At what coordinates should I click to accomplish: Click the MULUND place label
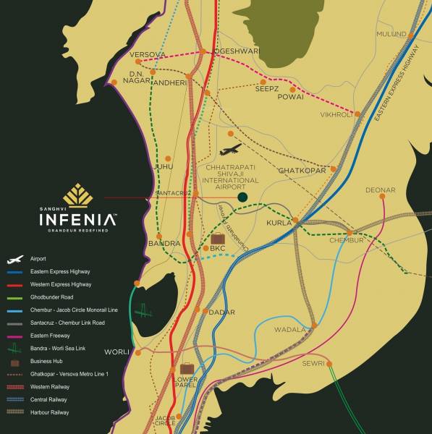pyautogui.click(x=391, y=34)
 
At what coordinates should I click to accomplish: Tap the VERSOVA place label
pyautogui.click(x=148, y=54)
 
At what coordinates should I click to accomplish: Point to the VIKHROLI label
pyautogui.click(x=336, y=114)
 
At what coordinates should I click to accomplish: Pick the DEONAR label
pyautogui.click(x=381, y=190)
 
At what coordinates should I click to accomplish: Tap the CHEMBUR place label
pyautogui.click(x=346, y=240)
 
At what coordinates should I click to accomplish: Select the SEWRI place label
pyautogui.click(x=313, y=363)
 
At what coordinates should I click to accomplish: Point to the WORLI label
pyautogui.click(x=117, y=352)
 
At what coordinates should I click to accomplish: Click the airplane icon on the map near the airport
pyautogui.click(x=230, y=150)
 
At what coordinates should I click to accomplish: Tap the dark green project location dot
pyautogui.click(x=243, y=196)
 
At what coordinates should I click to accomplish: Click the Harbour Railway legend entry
pyautogui.click(x=50, y=412)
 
